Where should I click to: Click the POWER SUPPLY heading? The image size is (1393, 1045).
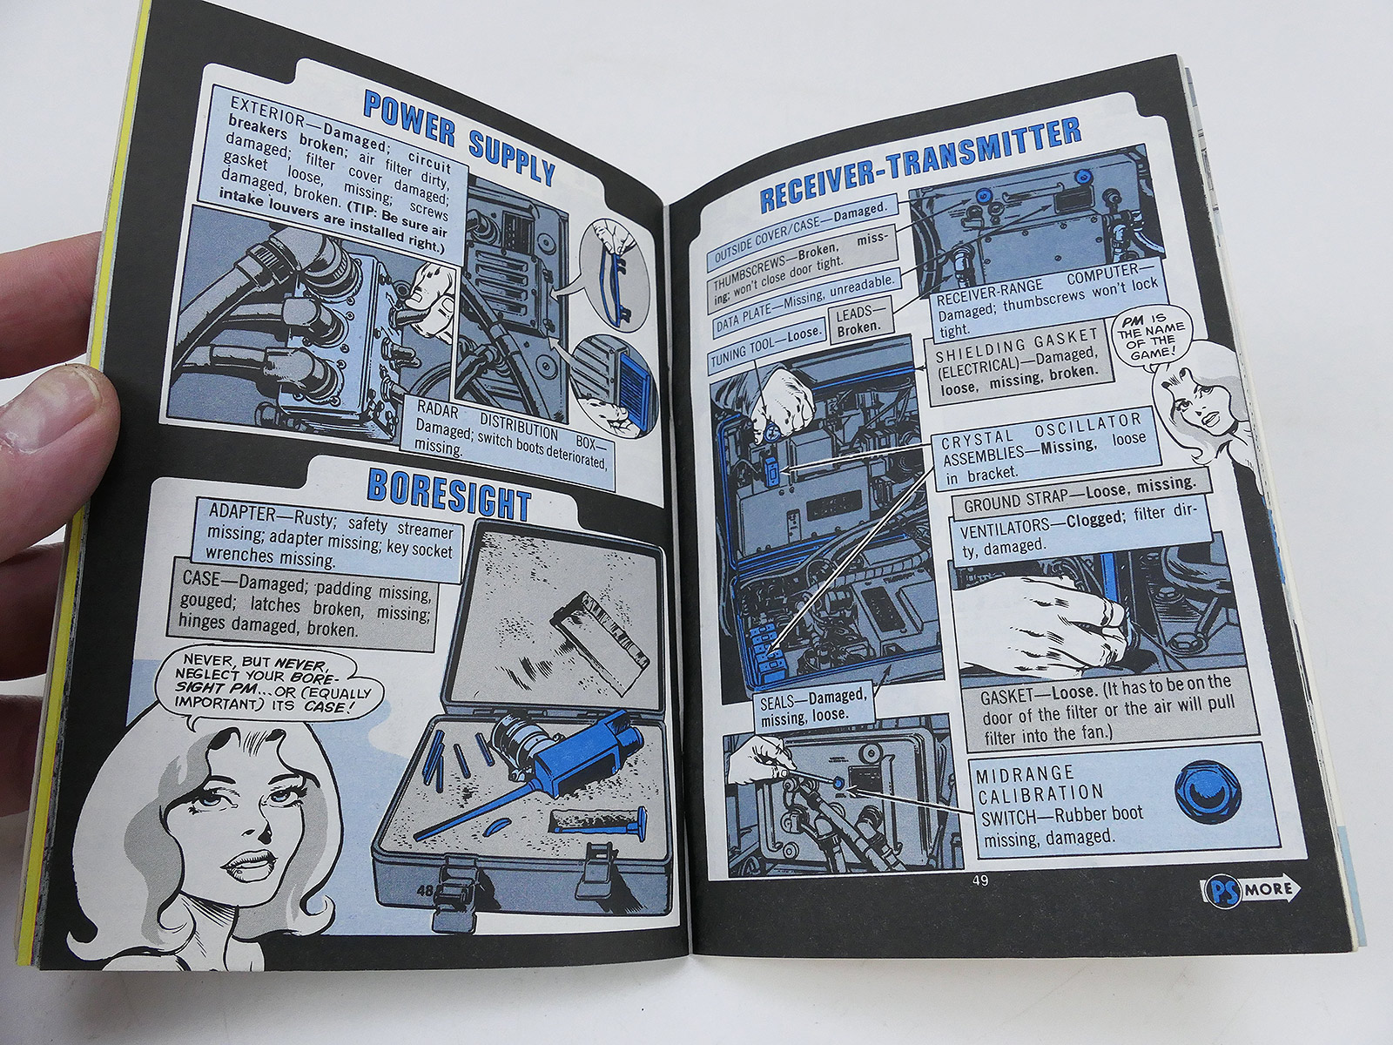[459, 143]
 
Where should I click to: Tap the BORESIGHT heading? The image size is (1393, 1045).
[449, 494]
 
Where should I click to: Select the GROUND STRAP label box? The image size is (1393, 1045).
[1077, 496]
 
